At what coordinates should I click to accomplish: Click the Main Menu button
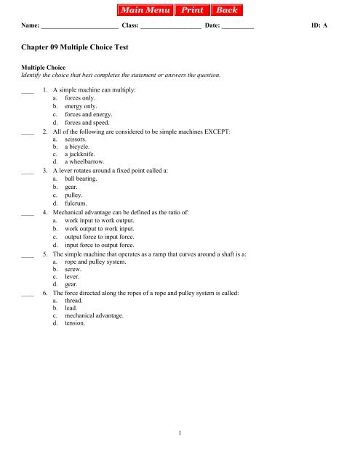[x=143, y=11]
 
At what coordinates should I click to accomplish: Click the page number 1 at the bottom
[x=180, y=434]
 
